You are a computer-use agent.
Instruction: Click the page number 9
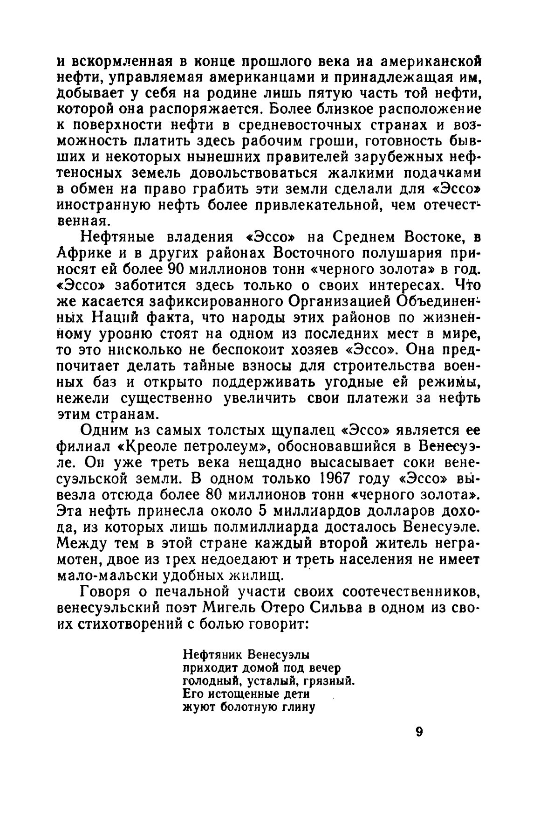point(419,732)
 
